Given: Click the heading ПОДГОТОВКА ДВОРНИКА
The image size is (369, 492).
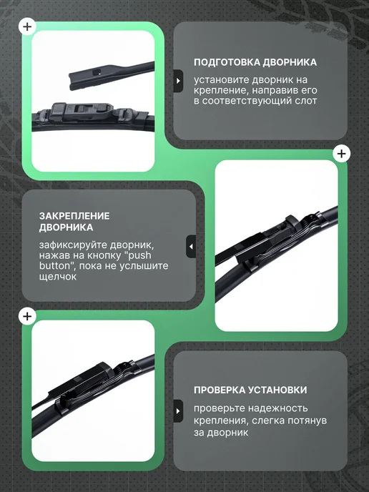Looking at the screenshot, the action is [255, 62].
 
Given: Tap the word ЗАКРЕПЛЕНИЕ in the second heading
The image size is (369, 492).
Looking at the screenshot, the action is [74, 216].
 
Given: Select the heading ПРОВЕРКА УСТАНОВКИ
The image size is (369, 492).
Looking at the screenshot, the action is [250, 390].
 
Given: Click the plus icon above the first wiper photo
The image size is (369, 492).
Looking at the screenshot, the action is [27, 26].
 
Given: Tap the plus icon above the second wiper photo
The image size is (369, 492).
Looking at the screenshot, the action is [341, 154].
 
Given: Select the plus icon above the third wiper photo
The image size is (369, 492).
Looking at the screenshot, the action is [27, 316].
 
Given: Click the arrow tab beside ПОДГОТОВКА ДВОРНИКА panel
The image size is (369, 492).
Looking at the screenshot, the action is [178, 81].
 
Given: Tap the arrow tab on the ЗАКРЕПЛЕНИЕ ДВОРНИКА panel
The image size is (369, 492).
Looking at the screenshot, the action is [191, 247].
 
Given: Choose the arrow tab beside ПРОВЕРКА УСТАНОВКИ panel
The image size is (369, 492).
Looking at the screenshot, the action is [178, 411].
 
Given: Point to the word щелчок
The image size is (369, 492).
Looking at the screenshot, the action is [58, 277].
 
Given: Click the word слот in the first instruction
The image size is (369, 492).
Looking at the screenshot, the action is [305, 101].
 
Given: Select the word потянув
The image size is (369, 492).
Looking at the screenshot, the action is [307, 420].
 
